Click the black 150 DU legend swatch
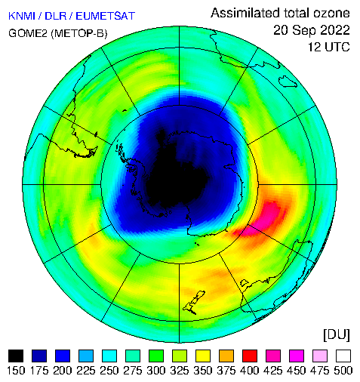pyautogui.click(x=16, y=356)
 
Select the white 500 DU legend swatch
pyautogui.click(x=343, y=356)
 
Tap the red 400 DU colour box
pyautogui.click(x=250, y=356)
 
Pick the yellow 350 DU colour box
pyautogui.click(x=203, y=356)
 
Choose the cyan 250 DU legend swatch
pyautogui.click(x=109, y=356)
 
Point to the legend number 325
pyautogui.click(x=180, y=371)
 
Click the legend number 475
pyautogui.click(x=320, y=371)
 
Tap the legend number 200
pyautogui.click(x=63, y=371)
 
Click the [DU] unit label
pyautogui.click(x=337, y=334)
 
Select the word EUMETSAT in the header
pyautogui.click(x=106, y=16)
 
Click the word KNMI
pyautogui.click(x=22, y=16)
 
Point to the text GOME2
pyautogui.click(x=28, y=33)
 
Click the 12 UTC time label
pyautogui.click(x=329, y=47)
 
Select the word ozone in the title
pyautogui.click(x=331, y=13)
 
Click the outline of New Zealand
pyautogui.click(x=194, y=302)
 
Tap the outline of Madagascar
pyautogui.click(x=288, y=82)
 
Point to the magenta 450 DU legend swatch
pyautogui.click(x=297, y=356)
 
